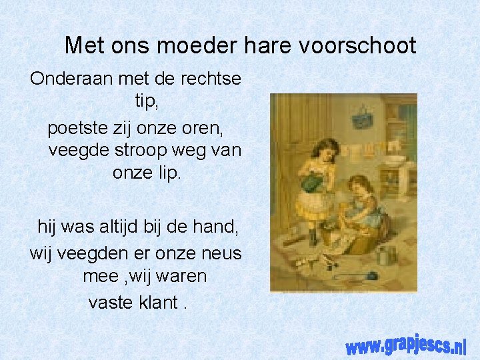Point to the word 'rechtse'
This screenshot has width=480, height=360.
point(209,79)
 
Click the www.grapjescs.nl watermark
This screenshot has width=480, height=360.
point(405,344)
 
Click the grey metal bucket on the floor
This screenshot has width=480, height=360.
point(385,255)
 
